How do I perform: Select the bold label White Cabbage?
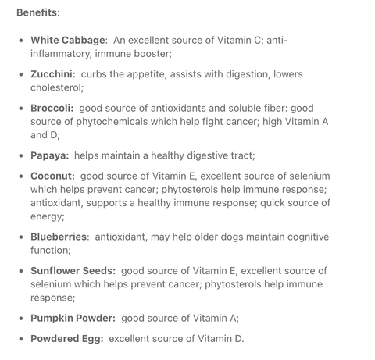[68, 40]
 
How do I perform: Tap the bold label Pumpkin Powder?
[73, 318]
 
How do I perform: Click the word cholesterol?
[56, 87]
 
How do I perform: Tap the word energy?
[47, 216]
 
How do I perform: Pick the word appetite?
[164, 74]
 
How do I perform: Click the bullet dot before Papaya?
[21, 156]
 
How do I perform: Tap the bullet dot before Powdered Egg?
[21, 340]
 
